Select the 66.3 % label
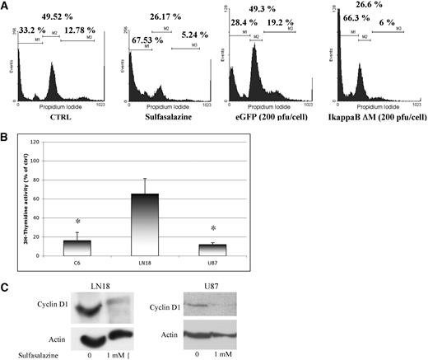tap(358, 27)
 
